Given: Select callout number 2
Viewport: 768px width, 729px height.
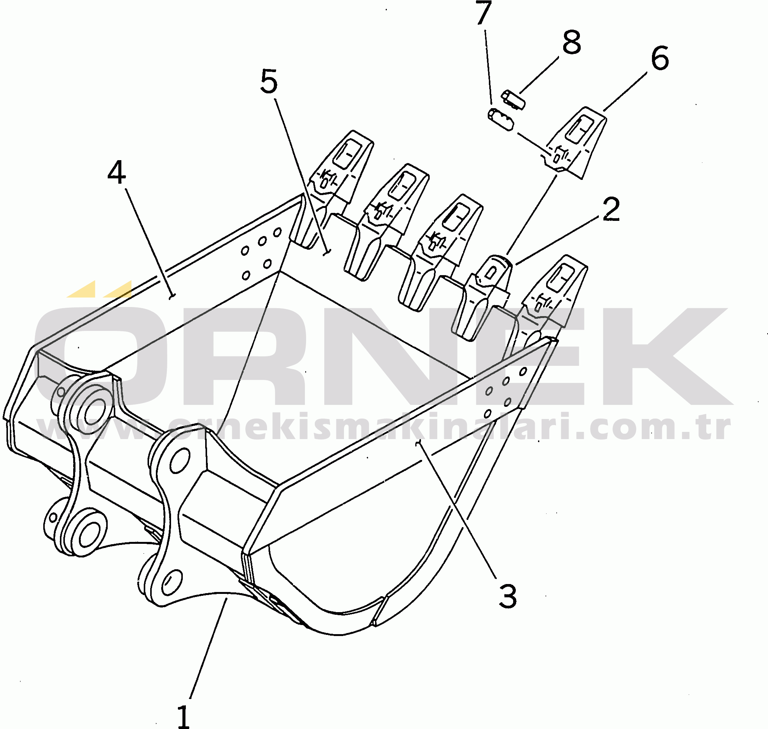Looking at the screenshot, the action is click(x=611, y=209).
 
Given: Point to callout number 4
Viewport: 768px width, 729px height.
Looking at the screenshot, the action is click(x=116, y=173).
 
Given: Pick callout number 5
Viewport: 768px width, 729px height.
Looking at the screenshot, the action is click(x=269, y=82).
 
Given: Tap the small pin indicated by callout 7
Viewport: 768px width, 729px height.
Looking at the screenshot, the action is click(x=501, y=120).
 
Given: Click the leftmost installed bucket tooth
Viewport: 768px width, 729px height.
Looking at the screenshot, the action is click(x=334, y=183).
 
